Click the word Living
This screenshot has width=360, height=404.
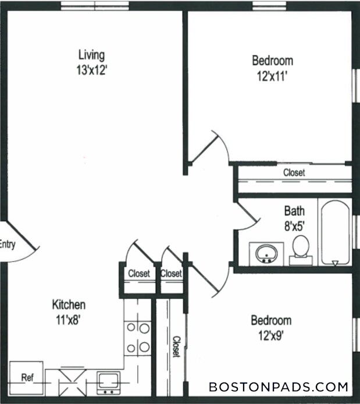click(x=91, y=55)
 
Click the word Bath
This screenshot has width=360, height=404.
click(x=294, y=210)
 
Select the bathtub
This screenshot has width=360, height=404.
click(x=334, y=233)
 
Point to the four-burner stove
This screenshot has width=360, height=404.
click(x=138, y=338)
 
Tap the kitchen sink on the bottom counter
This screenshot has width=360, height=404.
click(x=108, y=381)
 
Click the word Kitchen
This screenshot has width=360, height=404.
click(x=69, y=304)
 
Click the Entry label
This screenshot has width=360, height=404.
click(x=7, y=244)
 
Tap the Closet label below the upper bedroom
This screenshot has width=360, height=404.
click(x=294, y=173)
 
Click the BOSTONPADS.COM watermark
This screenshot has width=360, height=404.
click(x=279, y=387)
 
